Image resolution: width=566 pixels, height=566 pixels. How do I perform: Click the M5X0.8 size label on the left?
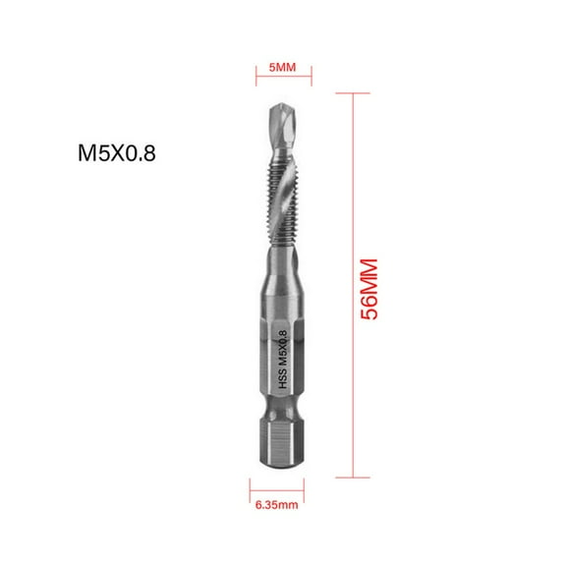117,153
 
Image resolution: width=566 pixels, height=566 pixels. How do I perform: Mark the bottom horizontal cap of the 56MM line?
352,478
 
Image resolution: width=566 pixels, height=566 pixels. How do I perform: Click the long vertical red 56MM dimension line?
352,285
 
